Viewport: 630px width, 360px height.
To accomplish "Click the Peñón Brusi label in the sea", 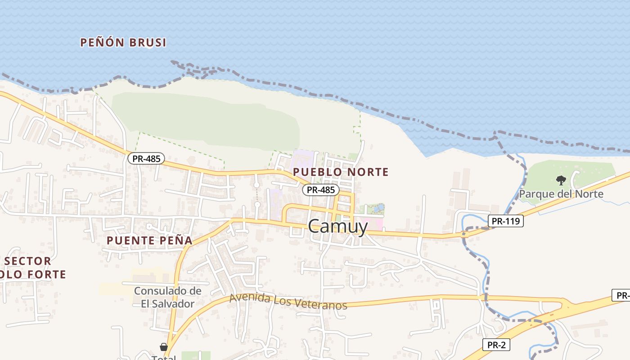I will tap(123, 43).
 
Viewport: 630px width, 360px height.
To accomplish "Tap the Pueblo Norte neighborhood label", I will tap(341, 172).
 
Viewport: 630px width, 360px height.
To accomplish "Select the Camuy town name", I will tap(338, 226).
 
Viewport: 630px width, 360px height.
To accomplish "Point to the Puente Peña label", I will tap(149, 240).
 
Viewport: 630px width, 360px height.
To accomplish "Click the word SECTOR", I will tap(27, 261).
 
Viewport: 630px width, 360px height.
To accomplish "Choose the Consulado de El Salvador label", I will tap(167, 297).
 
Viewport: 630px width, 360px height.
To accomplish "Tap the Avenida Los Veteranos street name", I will tap(288, 301).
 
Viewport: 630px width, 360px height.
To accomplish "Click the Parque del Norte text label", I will tap(561, 194).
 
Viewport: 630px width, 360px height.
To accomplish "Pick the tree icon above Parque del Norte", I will tap(561, 180).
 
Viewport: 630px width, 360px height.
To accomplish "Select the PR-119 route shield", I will tap(505, 221).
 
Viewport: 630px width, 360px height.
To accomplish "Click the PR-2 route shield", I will tap(496, 345).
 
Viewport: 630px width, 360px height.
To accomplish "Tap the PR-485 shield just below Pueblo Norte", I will tap(320, 190).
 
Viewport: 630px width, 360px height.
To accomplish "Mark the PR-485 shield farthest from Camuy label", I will tap(146, 158).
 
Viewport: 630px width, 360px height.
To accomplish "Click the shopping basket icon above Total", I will tap(164, 347).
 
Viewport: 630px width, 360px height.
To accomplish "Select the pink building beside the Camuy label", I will tap(375, 224).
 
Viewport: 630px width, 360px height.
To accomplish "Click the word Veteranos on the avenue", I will tap(321, 305).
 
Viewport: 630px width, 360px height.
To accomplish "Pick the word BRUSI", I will tap(148, 43).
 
